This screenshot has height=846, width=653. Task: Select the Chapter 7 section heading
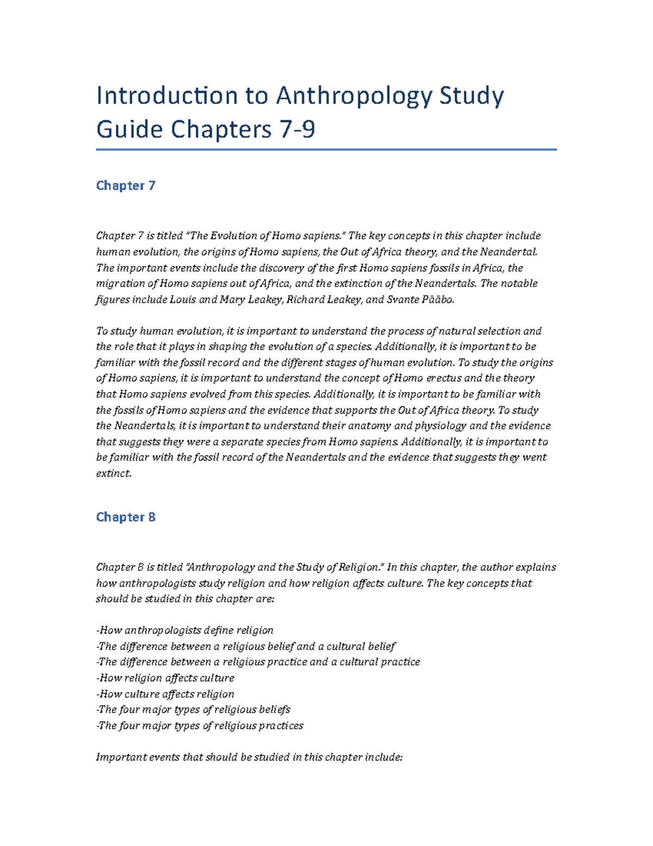click(x=126, y=186)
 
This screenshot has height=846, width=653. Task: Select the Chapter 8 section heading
click(x=126, y=517)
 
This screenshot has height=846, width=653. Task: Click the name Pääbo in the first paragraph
click(x=438, y=300)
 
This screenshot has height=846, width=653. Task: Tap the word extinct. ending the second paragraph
click(x=114, y=473)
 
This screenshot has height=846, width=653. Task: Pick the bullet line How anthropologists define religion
click(x=185, y=630)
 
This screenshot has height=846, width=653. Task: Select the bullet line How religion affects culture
click(x=165, y=678)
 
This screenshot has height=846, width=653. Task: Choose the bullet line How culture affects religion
click(x=165, y=694)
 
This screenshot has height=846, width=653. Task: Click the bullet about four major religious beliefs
click(x=193, y=710)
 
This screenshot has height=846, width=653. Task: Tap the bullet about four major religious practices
click(x=200, y=726)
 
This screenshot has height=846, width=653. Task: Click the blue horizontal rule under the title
click(x=326, y=149)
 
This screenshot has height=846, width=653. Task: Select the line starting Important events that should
click(x=249, y=757)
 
